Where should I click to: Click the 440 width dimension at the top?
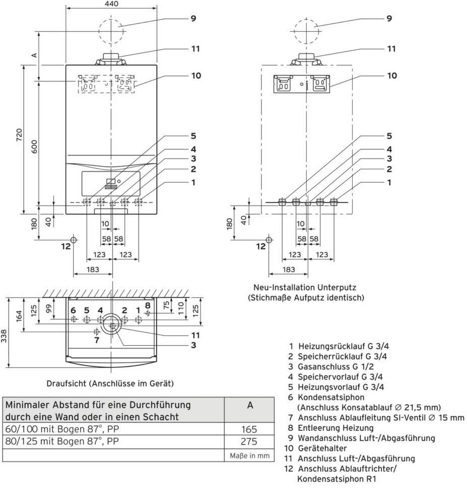point(111,4)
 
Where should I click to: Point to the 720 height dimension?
point(20,135)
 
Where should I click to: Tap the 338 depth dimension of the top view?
point(5,333)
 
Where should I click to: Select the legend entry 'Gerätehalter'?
point(321,448)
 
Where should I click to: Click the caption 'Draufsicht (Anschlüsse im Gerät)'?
point(110,384)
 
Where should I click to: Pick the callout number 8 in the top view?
point(148,305)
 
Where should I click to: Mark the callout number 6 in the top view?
point(73,310)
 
